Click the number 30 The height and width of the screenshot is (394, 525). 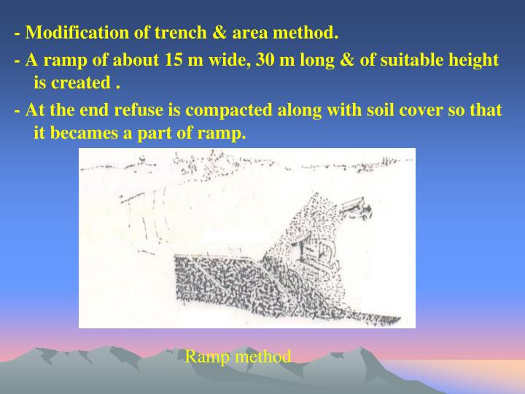point(266,60)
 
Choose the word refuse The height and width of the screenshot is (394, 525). point(155,110)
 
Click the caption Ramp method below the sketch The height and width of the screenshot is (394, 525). point(238,356)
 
